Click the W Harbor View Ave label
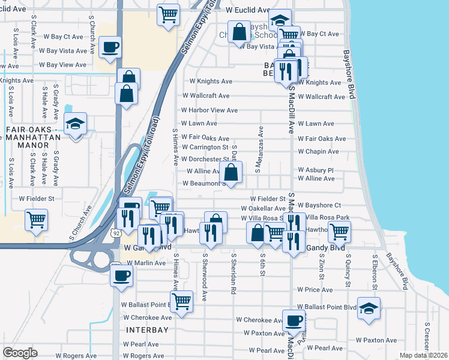209,110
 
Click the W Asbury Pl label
316,170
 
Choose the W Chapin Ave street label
318,152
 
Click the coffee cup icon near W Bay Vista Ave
110,47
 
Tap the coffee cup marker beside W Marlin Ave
122,275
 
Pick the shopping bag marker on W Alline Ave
231,173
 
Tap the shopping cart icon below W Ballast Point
181,301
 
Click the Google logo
20,353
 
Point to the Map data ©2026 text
423,355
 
